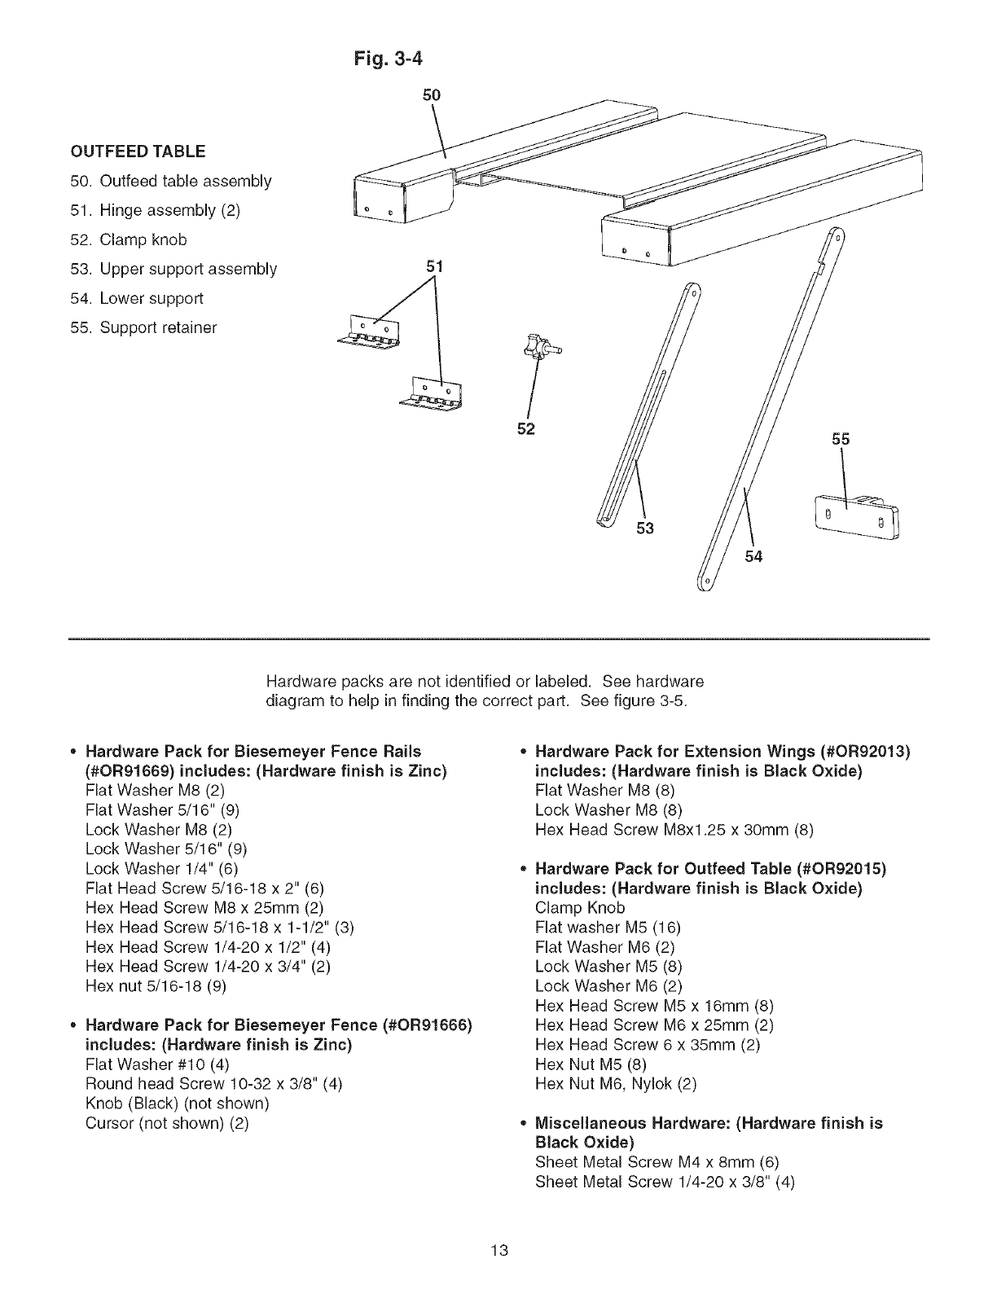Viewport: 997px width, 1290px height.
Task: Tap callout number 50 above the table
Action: coord(432,94)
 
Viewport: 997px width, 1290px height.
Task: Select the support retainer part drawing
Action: coord(854,518)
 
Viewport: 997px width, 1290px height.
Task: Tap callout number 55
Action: coord(841,440)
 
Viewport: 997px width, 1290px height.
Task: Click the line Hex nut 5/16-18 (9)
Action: coord(156,986)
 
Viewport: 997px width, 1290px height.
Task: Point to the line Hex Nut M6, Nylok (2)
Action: coord(616,1084)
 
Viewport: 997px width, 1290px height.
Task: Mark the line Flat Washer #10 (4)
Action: coord(157,1064)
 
